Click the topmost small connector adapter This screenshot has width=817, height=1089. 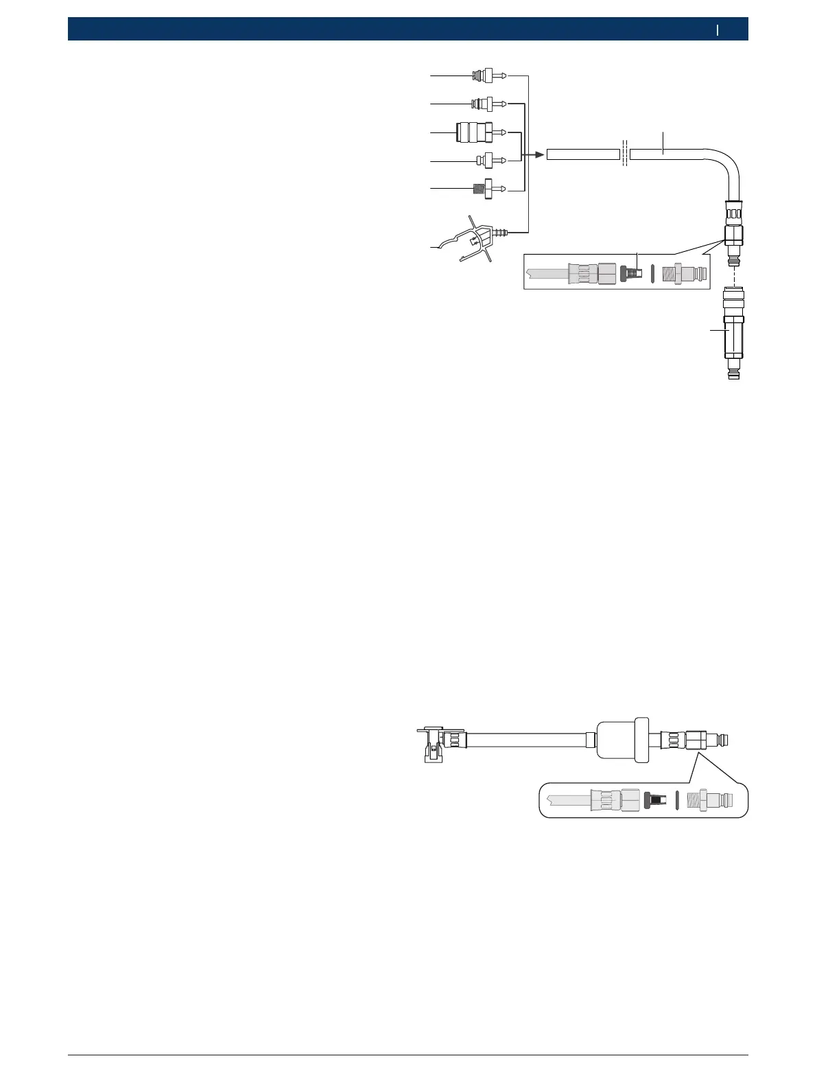[488, 75]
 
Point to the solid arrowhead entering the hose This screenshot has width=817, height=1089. [539, 155]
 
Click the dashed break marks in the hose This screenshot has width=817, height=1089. [625, 154]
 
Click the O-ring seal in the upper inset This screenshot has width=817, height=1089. [652, 274]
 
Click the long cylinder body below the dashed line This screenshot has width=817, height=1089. [733, 336]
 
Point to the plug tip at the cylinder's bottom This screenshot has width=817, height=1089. [733, 375]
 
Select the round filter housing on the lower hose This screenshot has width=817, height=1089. [623, 740]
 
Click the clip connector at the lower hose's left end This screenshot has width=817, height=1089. [432, 743]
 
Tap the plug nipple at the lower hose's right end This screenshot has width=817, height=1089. [722, 740]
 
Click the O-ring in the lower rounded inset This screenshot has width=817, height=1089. [677, 799]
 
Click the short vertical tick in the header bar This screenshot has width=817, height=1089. [718, 30]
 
